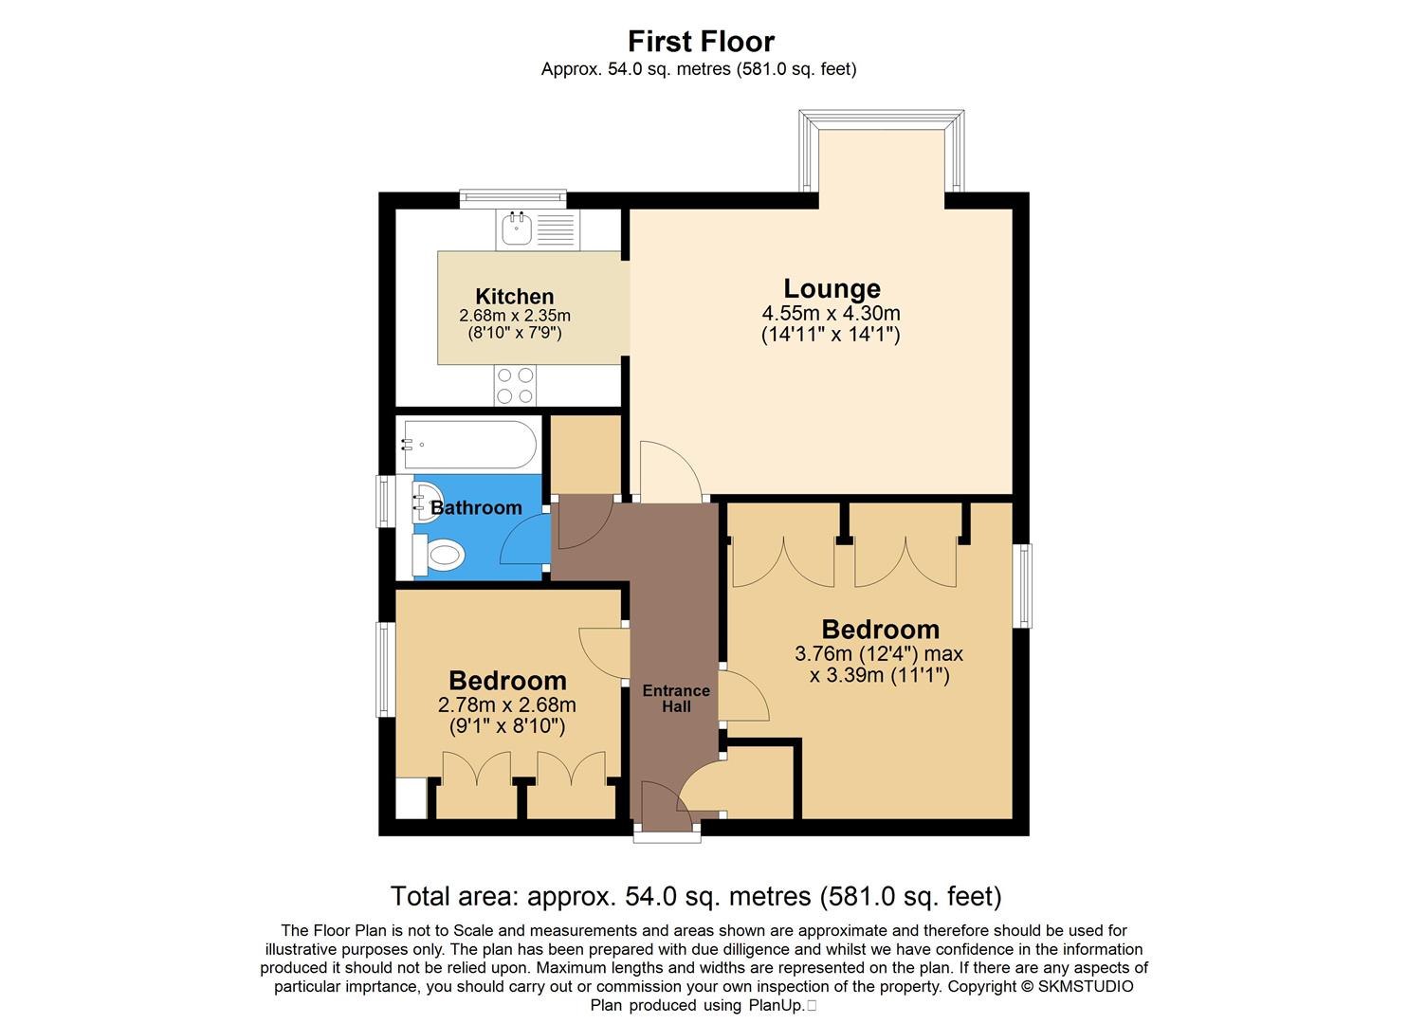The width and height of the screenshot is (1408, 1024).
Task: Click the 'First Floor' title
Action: (x=701, y=42)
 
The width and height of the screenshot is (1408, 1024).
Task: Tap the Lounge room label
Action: (x=832, y=288)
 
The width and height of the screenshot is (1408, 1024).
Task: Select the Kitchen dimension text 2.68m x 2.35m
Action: (x=515, y=316)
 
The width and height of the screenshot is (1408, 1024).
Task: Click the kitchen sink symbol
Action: (x=517, y=229)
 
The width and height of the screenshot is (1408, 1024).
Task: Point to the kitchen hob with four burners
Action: (x=515, y=386)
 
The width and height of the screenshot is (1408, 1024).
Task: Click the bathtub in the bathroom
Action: (x=468, y=444)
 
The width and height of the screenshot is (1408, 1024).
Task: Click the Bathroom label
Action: (x=476, y=508)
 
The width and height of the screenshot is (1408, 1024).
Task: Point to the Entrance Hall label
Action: (x=675, y=698)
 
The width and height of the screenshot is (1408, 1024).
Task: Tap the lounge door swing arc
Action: (x=669, y=471)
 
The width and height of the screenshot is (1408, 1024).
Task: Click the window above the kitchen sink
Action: (x=513, y=199)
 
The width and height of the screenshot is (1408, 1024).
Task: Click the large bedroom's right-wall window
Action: (x=1023, y=585)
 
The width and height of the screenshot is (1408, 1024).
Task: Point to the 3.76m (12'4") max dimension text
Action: (x=878, y=653)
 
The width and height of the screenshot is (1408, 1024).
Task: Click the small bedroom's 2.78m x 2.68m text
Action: (x=506, y=705)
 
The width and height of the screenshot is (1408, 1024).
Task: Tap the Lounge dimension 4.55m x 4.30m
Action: (x=831, y=313)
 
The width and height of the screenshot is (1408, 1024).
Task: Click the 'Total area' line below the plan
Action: (x=696, y=896)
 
